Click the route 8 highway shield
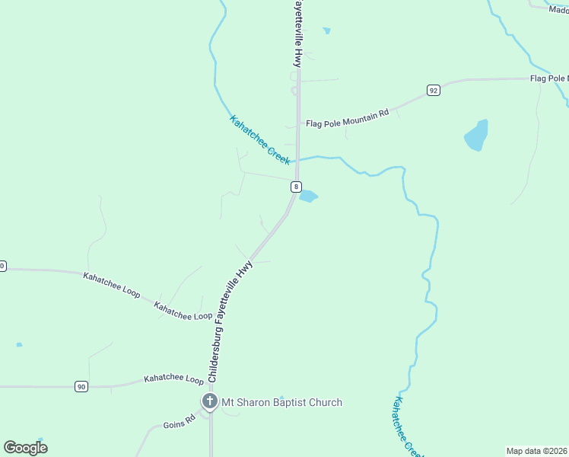(x=297, y=187)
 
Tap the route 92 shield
(x=433, y=90)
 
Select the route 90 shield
(x=81, y=386)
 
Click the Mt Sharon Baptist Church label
(x=281, y=402)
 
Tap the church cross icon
(x=209, y=401)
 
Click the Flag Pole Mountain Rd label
(x=347, y=117)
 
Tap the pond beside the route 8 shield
(x=308, y=197)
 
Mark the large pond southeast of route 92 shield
(x=476, y=135)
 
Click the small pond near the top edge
(x=326, y=31)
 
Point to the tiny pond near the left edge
(x=19, y=344)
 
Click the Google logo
(x=25, y=447)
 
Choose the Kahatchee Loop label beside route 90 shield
(x=174, y=379)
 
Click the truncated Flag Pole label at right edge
(x=548, y=78)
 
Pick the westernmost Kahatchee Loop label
(x=111, y=283)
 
